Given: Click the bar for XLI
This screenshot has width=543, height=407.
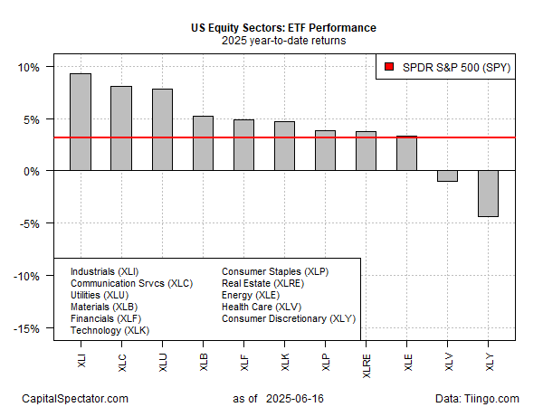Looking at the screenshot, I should pos(80,122).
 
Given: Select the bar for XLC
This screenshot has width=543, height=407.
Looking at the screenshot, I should pos(121,128).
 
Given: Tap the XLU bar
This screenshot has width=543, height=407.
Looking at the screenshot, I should pos(162,129).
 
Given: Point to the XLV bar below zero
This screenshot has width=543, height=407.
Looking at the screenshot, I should pos(448,176).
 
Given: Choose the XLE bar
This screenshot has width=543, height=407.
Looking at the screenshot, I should pos(407,154).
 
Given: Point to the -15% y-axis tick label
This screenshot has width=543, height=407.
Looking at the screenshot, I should pos(25,328).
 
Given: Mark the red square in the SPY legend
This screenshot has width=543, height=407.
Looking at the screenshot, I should pos(389,67).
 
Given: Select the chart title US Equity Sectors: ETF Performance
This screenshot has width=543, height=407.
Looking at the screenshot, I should pos(283,28).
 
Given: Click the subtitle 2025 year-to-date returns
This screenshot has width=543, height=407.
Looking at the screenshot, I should pos(283,41).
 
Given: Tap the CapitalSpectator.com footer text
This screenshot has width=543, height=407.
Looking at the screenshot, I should pos(76,398).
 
